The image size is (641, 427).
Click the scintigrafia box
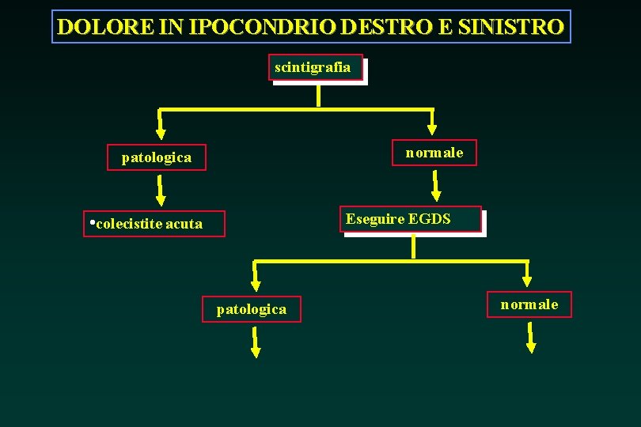[x=316, y=68]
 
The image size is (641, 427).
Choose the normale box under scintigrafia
[x=434, y=152]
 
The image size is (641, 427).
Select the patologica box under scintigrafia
[x=157, y=157]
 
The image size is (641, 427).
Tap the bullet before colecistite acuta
[x=92, y=222]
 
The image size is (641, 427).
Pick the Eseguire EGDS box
[x=412, y=219]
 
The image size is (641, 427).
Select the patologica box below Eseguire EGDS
[x=252, y=309]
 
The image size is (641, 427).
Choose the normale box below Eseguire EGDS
[x=529, y=304]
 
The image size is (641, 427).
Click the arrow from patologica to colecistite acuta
[x=160, y=190]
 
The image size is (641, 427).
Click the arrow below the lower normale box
[x=531, y=338]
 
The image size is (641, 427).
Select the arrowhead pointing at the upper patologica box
[x=160, y=130]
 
